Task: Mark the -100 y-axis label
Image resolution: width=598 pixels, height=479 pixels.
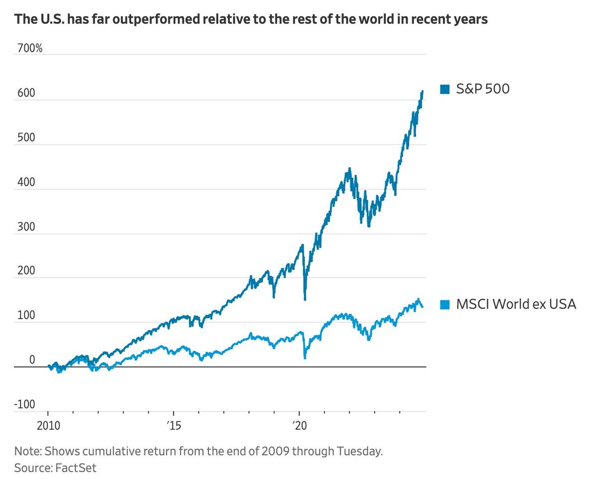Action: (x=24, y=404)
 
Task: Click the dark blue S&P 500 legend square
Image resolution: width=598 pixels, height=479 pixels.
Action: (x=445, y=90)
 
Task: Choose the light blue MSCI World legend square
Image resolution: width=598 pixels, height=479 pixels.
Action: (x=445, y=304)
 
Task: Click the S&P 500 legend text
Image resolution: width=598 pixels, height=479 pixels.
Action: (x=482, y=90)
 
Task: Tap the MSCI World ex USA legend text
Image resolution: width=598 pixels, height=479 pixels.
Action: (x=516, y=304)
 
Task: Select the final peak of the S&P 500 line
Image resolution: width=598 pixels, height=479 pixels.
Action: (x=423, y=92)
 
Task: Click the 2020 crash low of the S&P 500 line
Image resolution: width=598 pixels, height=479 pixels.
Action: (x=304, y=299)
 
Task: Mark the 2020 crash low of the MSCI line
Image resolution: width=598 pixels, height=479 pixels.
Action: (x=304, y=358)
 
